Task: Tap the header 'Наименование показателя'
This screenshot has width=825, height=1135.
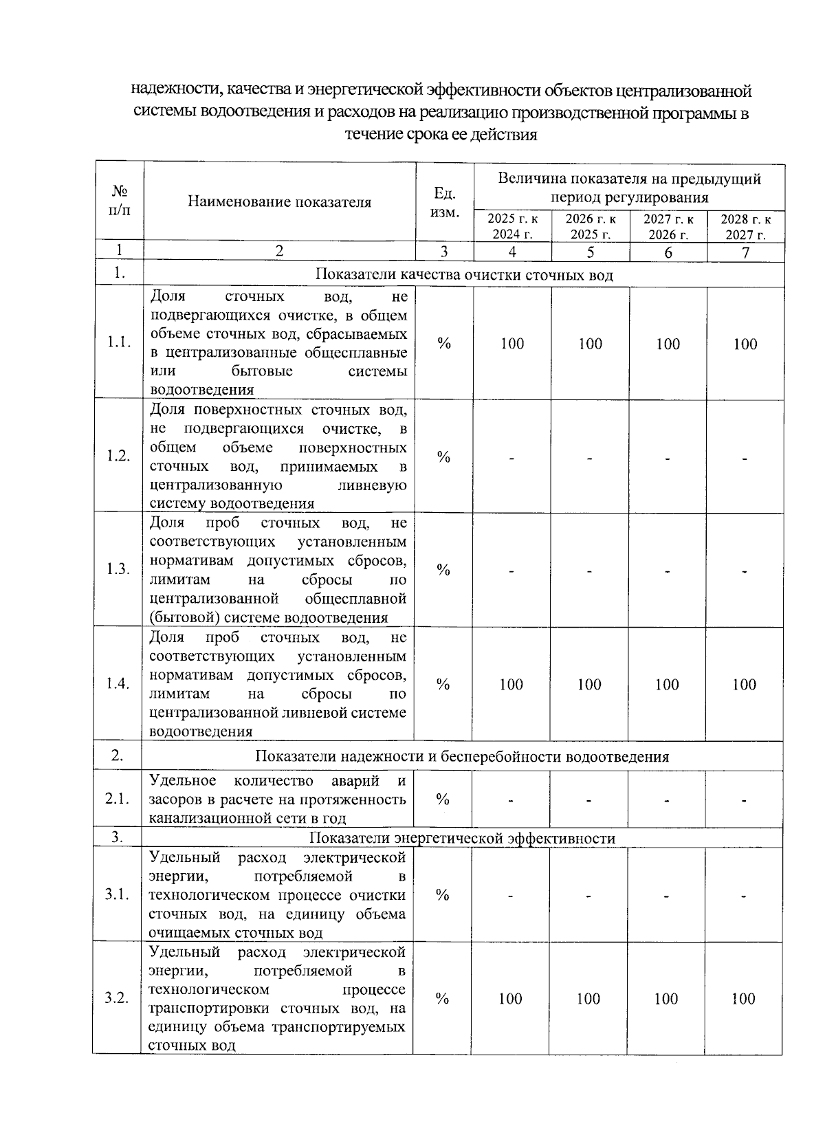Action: click(279, 202)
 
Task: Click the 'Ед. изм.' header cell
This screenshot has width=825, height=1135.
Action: click(444, 202)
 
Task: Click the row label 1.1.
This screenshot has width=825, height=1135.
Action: click(119, 343)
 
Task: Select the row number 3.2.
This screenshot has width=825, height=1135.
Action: click(117, 999)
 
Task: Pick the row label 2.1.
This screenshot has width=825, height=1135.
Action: click(118, 799)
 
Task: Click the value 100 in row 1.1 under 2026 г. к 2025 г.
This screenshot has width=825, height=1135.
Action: click(590, 344)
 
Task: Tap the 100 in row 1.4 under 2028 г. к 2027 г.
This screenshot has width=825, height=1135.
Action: click(745, 684)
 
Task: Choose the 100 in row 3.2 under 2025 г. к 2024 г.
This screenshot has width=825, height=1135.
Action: click(511, 999)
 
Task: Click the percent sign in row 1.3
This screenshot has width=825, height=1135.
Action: click(443, 570)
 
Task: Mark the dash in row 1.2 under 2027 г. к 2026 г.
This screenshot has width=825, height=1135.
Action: click(668, 458)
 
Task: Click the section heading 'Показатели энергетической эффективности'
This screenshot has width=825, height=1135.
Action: click(462, 838)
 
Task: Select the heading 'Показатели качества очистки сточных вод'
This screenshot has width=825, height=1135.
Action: click(464, 275)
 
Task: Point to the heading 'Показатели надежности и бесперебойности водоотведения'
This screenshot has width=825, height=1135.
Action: click(462, 757)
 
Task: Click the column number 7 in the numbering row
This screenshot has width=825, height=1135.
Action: click(746, 252)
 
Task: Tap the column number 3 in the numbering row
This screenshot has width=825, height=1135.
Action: click(444, 252)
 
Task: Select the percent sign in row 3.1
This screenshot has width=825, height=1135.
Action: click(443, 895)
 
